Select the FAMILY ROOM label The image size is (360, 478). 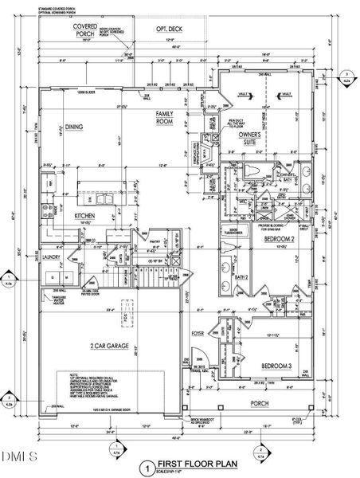click(164, 119)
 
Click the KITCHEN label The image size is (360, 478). click(85, 216)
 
